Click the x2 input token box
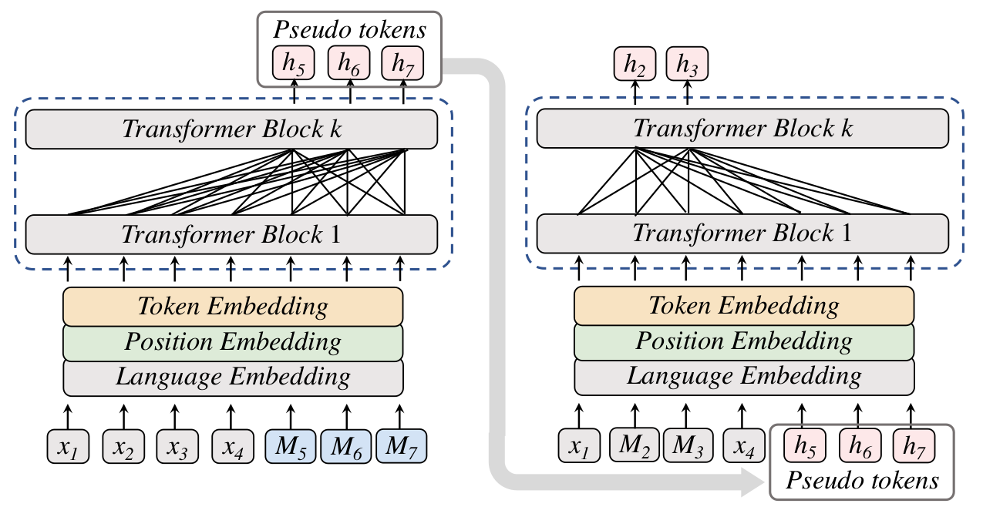pos(123,446)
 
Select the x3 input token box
pos(177,446)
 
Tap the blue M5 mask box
pos(290,446)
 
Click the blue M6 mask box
pos(346,446)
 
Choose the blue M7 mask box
pos(401,446)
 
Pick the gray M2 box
pos(634,445)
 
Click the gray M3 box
pos(688,445)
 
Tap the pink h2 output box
pos(635,64)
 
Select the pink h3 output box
pos(687,64)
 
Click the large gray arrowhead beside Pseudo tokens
pos(752,482)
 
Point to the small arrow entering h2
pos(635,92)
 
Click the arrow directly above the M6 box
pos(347,417)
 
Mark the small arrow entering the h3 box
pos(687,92)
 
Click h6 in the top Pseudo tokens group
pos(349,63)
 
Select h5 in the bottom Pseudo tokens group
pos(805,446)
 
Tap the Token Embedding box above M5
pos(233,306)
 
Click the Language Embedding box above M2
pos(744,376)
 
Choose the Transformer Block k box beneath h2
pos(743,129)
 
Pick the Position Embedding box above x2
pos(233,342)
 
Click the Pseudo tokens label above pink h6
pos(350,30)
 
